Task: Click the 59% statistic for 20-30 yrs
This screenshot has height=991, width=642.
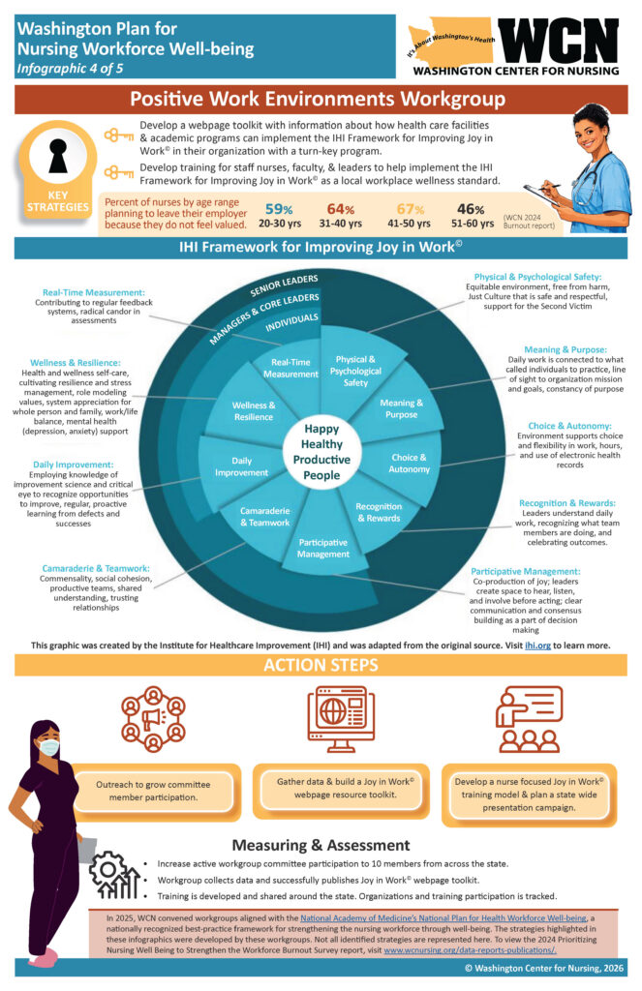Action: pyautogui.click(x=279, y=209)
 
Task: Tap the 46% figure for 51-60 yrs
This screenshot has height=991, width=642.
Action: pyautogui.click(x=472, y=209)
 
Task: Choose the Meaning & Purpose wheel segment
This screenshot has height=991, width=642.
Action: pyautogui.click(x=399, y=407)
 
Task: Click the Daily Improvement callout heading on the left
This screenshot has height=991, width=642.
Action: pyautogui.click(x=74, y=465)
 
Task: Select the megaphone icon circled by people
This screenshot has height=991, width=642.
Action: pyautogui.click(x=153, y=719)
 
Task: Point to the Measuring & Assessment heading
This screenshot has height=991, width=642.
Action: pyautogui.click(x=320, y=845)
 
